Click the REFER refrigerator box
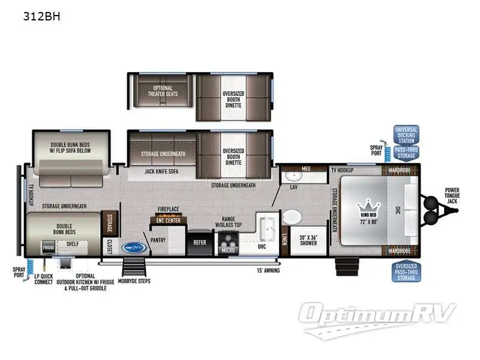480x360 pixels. coord(199,242)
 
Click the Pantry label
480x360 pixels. coord(158,239)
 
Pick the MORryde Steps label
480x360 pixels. coord(133,280)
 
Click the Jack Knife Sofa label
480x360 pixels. coord(160,171)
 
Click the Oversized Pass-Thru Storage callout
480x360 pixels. coord(406,273)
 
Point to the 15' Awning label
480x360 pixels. coord(268,270)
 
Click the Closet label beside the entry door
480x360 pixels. coord(110,247)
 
